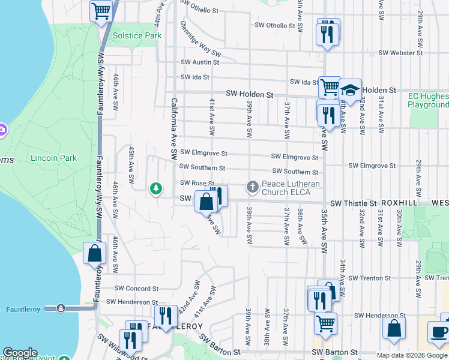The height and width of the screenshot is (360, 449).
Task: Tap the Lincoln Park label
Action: point(53,158)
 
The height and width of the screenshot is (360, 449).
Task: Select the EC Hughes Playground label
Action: point(428,100)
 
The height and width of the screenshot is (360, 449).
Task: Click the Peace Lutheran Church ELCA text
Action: point(291,187)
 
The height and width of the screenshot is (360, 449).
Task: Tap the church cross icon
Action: point(253,187)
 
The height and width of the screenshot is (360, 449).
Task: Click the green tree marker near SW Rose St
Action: point(156,190)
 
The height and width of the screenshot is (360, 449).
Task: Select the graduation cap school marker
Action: point(351,91)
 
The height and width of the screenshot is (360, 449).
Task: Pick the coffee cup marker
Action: point(438,332)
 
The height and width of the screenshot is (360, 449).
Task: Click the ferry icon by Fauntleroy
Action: point(61,308)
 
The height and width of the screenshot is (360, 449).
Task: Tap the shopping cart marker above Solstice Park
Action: point(101,10)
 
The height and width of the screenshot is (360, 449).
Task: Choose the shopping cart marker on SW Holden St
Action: point(330,87)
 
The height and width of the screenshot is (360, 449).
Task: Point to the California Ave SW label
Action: point(173,129)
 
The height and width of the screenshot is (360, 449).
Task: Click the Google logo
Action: point(20,353)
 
